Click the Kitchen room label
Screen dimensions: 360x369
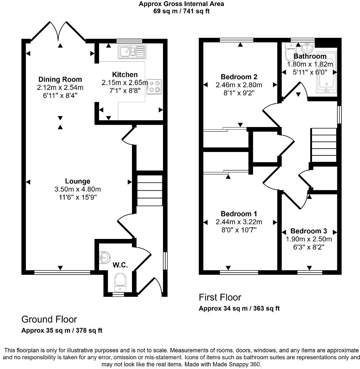125,74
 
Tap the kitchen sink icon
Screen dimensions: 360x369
131,51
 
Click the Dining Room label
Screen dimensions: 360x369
60,79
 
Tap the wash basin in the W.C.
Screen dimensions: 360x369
103,258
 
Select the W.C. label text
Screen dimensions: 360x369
120,265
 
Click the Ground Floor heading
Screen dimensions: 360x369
49,319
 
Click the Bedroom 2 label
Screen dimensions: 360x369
239,77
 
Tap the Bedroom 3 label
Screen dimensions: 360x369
309,231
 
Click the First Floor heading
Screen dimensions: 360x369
220,297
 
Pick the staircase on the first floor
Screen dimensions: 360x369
323,145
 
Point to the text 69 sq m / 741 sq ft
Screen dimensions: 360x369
181,11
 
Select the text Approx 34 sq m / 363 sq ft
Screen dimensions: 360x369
239,309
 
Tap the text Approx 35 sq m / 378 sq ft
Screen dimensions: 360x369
62,331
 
